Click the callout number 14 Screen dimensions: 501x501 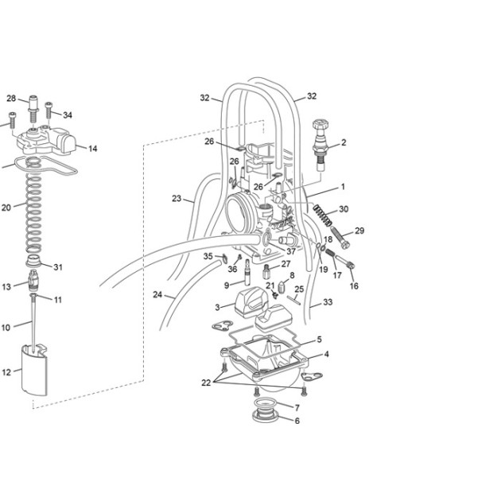pyautogui.click(x=93, y=149)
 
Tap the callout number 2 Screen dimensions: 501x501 pyautogui.click(x=344, y=142)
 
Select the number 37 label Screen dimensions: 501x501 pyautogui.click(x=291, y=251)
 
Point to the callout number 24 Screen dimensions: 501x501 pyautogui.click(x=157, y=294)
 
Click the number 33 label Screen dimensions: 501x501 pyautogui.click(x=328, y=302)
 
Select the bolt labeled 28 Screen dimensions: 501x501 pyautogui.click(x=33, y=109)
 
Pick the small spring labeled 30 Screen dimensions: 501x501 pyautogui.click(x=323, y=215)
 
